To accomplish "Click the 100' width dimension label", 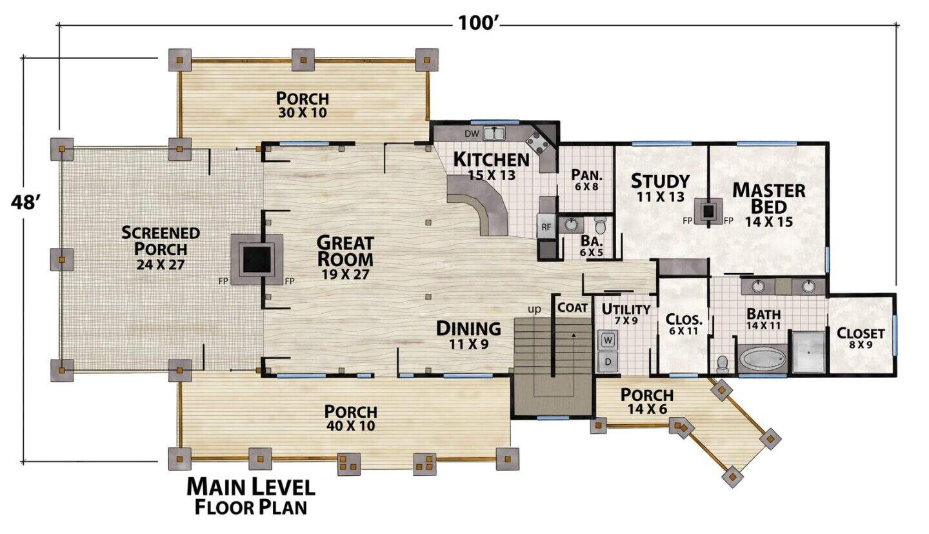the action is click(477, 23).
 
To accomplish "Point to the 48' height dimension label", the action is click(25, 203).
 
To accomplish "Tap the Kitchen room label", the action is click(492, 159).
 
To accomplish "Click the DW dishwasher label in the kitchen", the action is click(472, 134).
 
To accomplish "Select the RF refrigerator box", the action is click(546, 227).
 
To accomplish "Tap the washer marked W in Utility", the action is click(608, 340).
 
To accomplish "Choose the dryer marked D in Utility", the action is click(608, 362).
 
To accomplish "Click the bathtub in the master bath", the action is click(763, 358).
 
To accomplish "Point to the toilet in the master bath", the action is click(723, 363).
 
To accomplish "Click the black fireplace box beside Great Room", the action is click(257, 260).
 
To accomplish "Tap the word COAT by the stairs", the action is click(572, 308).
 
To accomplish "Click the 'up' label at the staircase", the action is click(534, 310).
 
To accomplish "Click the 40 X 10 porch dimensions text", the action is click(351, 426).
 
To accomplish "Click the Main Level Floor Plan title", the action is click(251, 497).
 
